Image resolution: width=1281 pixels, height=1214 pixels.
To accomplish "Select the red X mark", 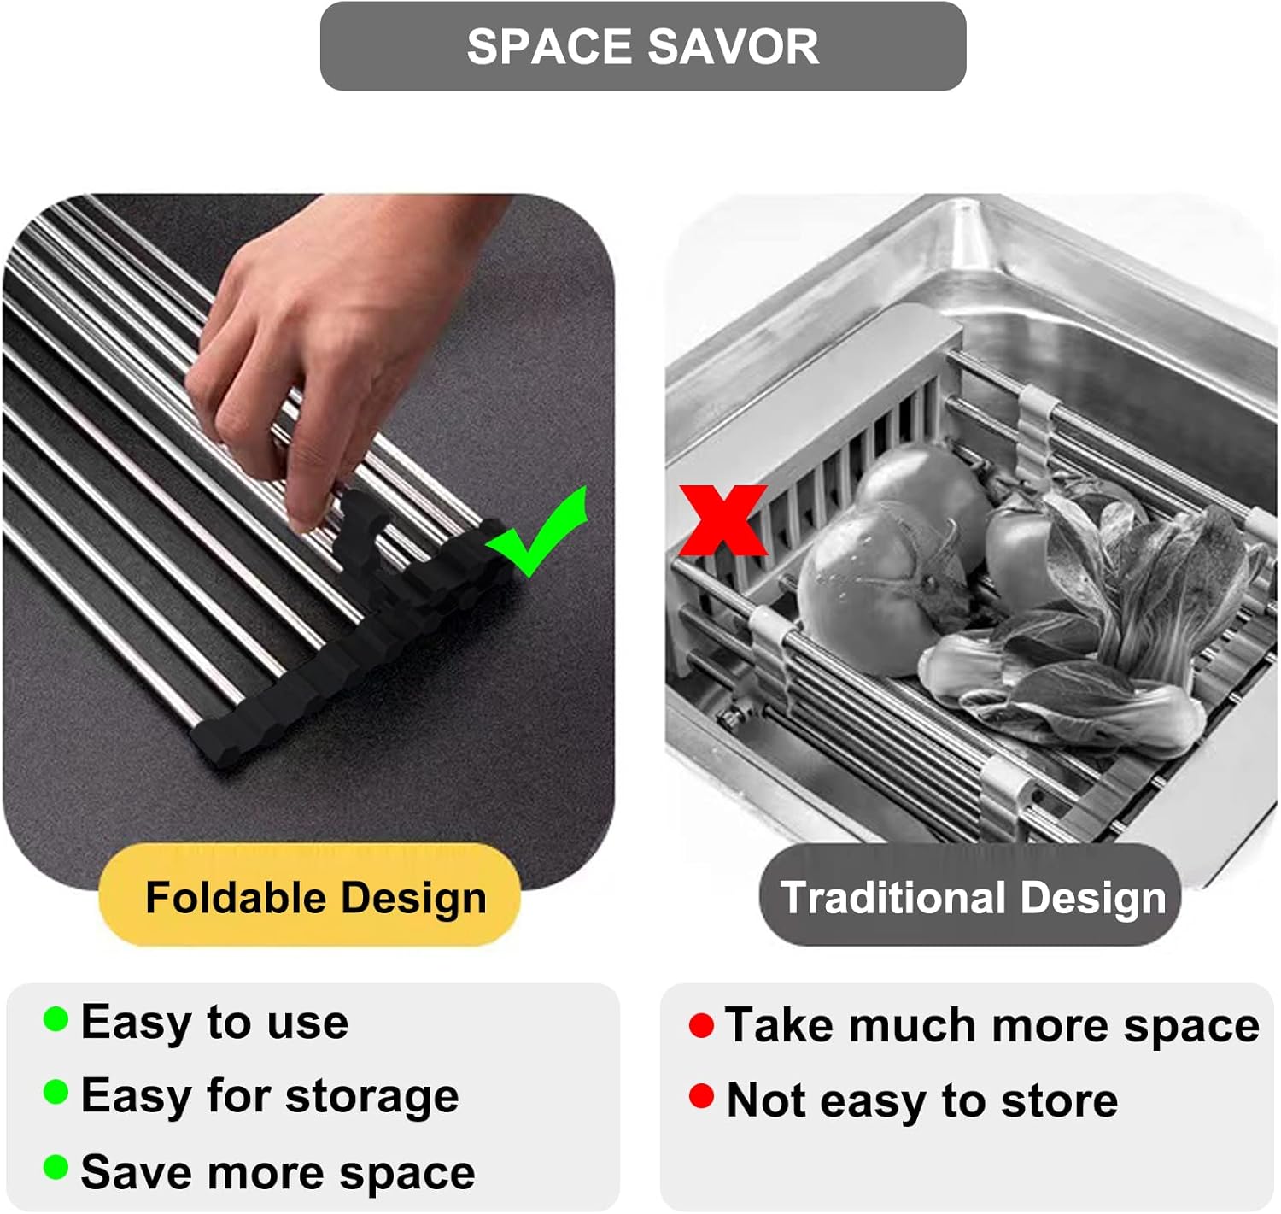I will [x=722, y=519].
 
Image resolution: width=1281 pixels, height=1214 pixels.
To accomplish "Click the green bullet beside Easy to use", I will [x=56, y=1019].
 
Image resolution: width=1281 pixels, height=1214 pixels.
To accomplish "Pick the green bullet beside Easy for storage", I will [x=56, y=1092].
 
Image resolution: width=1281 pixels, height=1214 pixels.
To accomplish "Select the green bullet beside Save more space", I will [x=56, y=1167].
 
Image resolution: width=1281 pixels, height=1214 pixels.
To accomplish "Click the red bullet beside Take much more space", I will [x=701, y=1025].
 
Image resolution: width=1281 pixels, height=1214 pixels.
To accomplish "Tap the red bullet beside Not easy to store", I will [x=701, y=1096].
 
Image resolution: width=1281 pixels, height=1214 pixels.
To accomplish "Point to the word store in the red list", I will [x=1059, y=1100].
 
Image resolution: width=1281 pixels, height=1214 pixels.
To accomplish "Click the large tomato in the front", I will [x=871, y=589].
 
